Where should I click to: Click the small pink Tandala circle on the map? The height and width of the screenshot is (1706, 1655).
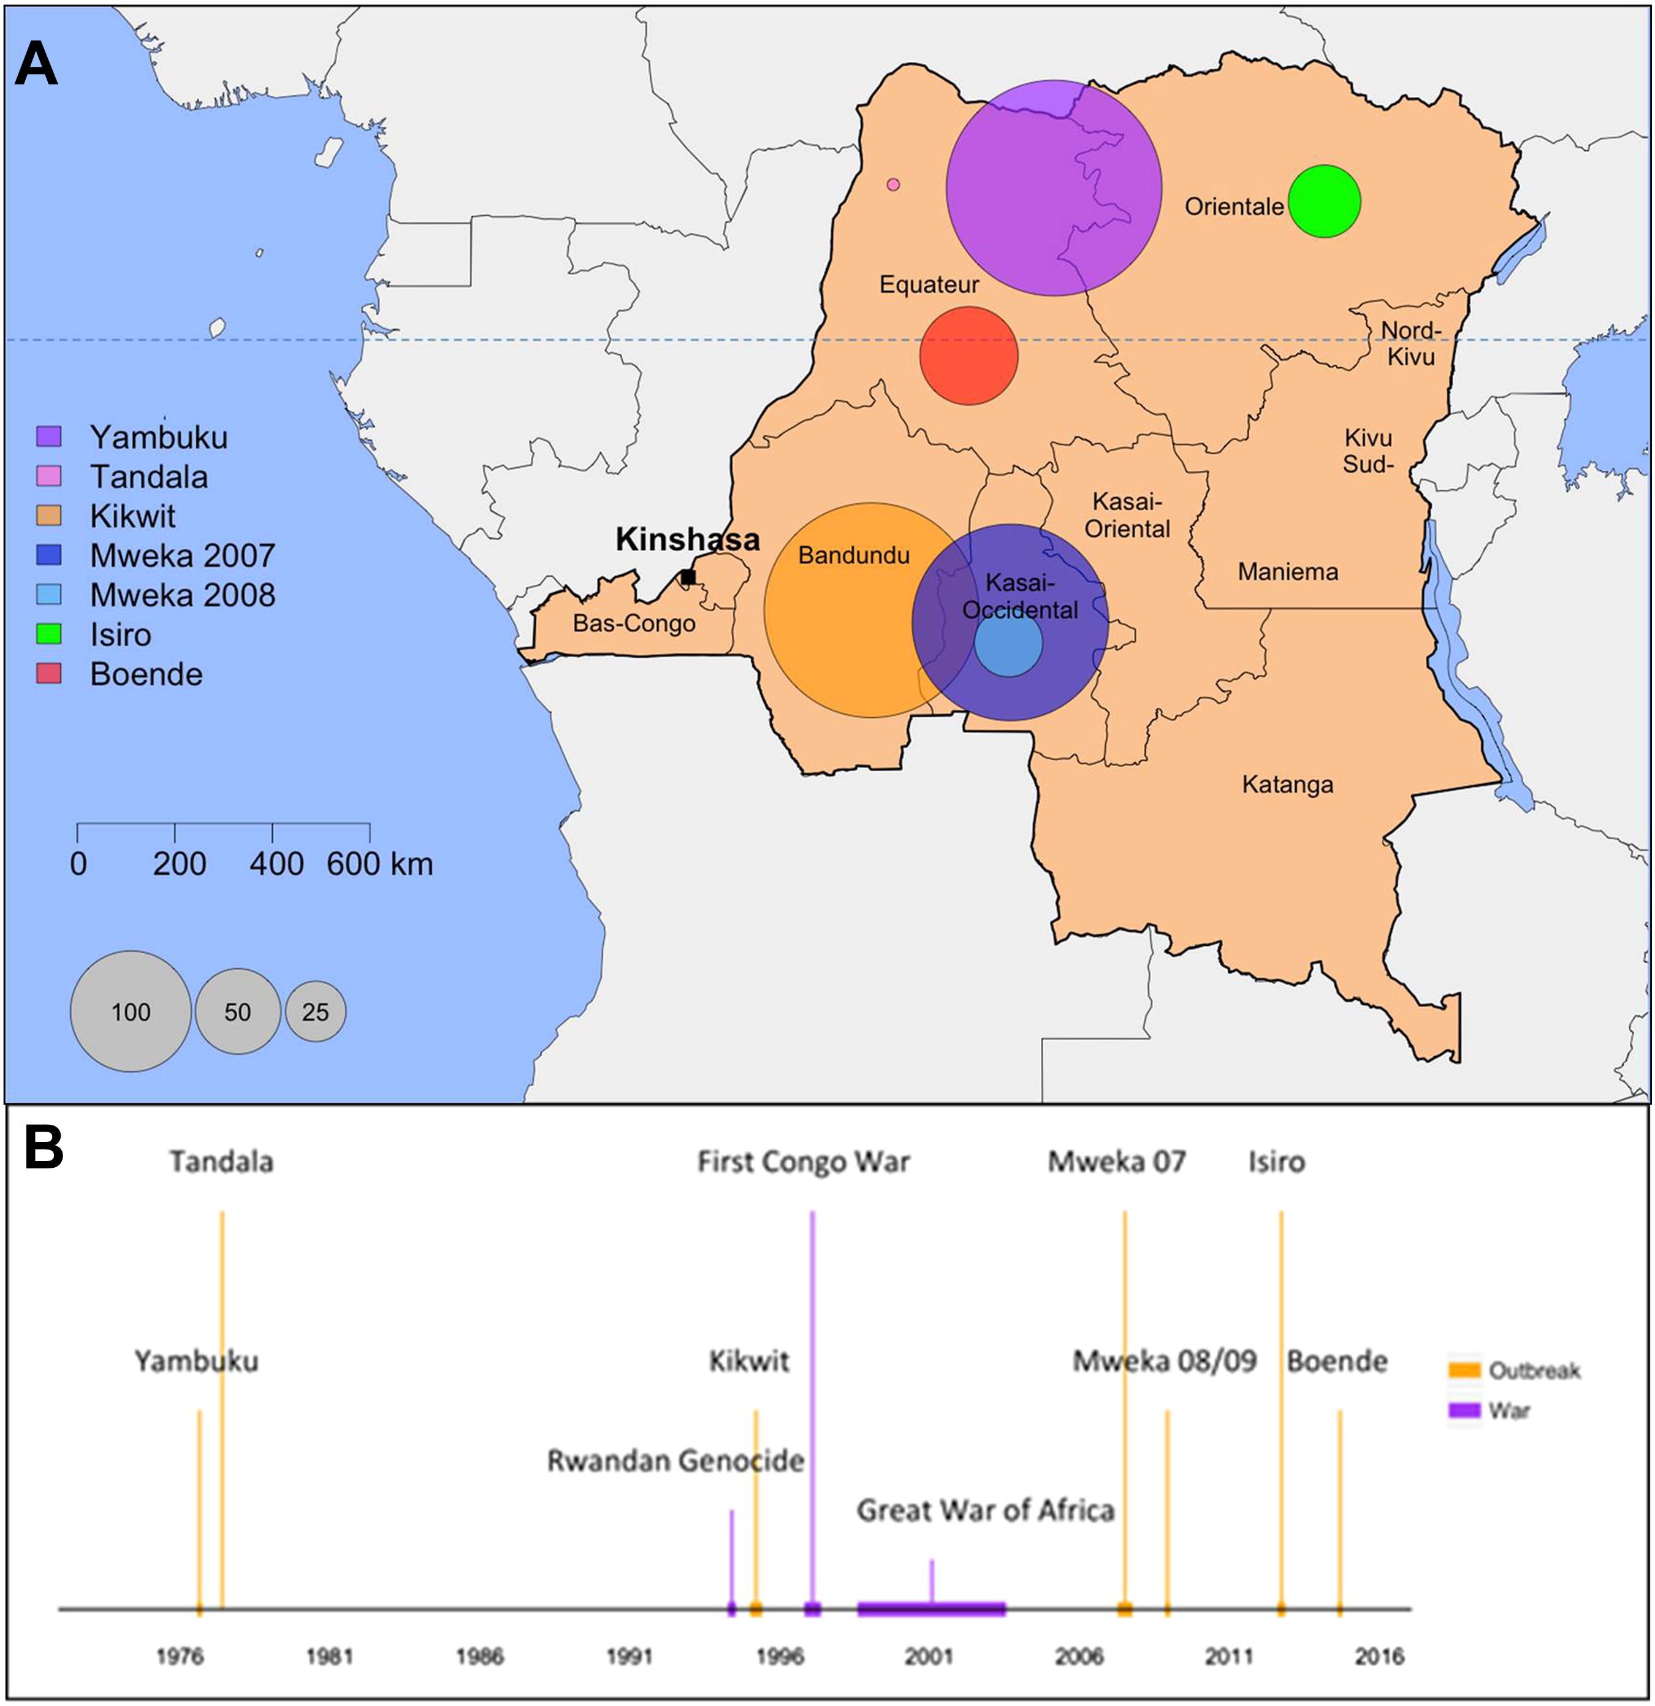pos(892,185)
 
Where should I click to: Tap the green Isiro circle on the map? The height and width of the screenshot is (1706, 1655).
pos(1323,201)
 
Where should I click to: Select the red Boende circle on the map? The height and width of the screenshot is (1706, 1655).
pos(968,355)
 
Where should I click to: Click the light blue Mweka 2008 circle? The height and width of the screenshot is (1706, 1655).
pos(1008,643)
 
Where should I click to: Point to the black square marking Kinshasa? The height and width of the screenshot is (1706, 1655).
pos(688,576)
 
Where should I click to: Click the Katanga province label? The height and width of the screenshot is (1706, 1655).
pos(1287,785)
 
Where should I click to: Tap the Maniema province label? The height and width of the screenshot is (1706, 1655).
pos(1288,572)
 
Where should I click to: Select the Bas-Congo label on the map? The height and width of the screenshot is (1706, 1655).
pos(633,623)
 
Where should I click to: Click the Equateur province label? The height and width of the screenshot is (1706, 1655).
pos(929,284)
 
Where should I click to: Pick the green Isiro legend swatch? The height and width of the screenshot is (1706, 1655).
pos(48,634)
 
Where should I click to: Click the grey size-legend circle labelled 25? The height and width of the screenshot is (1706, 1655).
pos(315,1011)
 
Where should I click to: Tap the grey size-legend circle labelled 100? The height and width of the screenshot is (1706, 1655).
pos(131,1011)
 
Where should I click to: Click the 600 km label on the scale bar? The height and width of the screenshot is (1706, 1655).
pos(379,864)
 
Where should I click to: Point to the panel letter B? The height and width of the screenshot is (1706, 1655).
pos(44,1148)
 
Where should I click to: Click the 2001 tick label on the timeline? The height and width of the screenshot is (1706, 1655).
pos(929,1656)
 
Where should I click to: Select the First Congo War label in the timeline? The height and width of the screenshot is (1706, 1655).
pos(803,1163)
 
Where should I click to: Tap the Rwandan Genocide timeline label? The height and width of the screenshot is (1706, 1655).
pos(675,1461)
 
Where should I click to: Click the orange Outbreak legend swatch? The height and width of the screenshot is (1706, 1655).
pos(1464,1371)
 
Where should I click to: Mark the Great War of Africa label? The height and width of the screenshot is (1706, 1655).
pos(985,1510)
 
